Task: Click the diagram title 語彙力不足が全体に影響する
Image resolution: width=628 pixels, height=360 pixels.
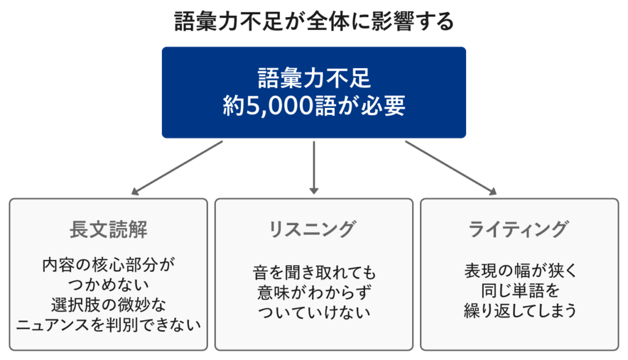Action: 314,22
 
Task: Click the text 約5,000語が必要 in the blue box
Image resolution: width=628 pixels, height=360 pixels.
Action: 314,106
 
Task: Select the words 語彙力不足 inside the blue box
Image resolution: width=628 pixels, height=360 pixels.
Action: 314,79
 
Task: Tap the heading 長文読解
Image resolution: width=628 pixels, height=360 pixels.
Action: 109,230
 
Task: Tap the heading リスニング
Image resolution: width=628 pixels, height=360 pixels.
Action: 313,230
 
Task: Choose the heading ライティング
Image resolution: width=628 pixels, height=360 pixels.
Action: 519,230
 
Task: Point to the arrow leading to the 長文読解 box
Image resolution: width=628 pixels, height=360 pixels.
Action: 178,167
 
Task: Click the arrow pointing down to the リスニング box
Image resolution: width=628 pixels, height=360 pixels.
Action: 314,167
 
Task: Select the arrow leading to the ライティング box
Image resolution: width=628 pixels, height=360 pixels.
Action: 450,167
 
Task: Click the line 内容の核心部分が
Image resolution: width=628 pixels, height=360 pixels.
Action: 109,266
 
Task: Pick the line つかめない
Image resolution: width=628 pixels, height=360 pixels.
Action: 109,285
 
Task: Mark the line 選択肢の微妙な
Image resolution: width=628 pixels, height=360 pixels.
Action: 109,305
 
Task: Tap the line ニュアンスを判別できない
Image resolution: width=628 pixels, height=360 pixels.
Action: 109,324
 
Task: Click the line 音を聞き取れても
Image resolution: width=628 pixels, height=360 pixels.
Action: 314,272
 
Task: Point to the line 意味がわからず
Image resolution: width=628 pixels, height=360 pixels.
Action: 314,292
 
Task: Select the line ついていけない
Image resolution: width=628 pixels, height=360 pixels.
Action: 314,312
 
